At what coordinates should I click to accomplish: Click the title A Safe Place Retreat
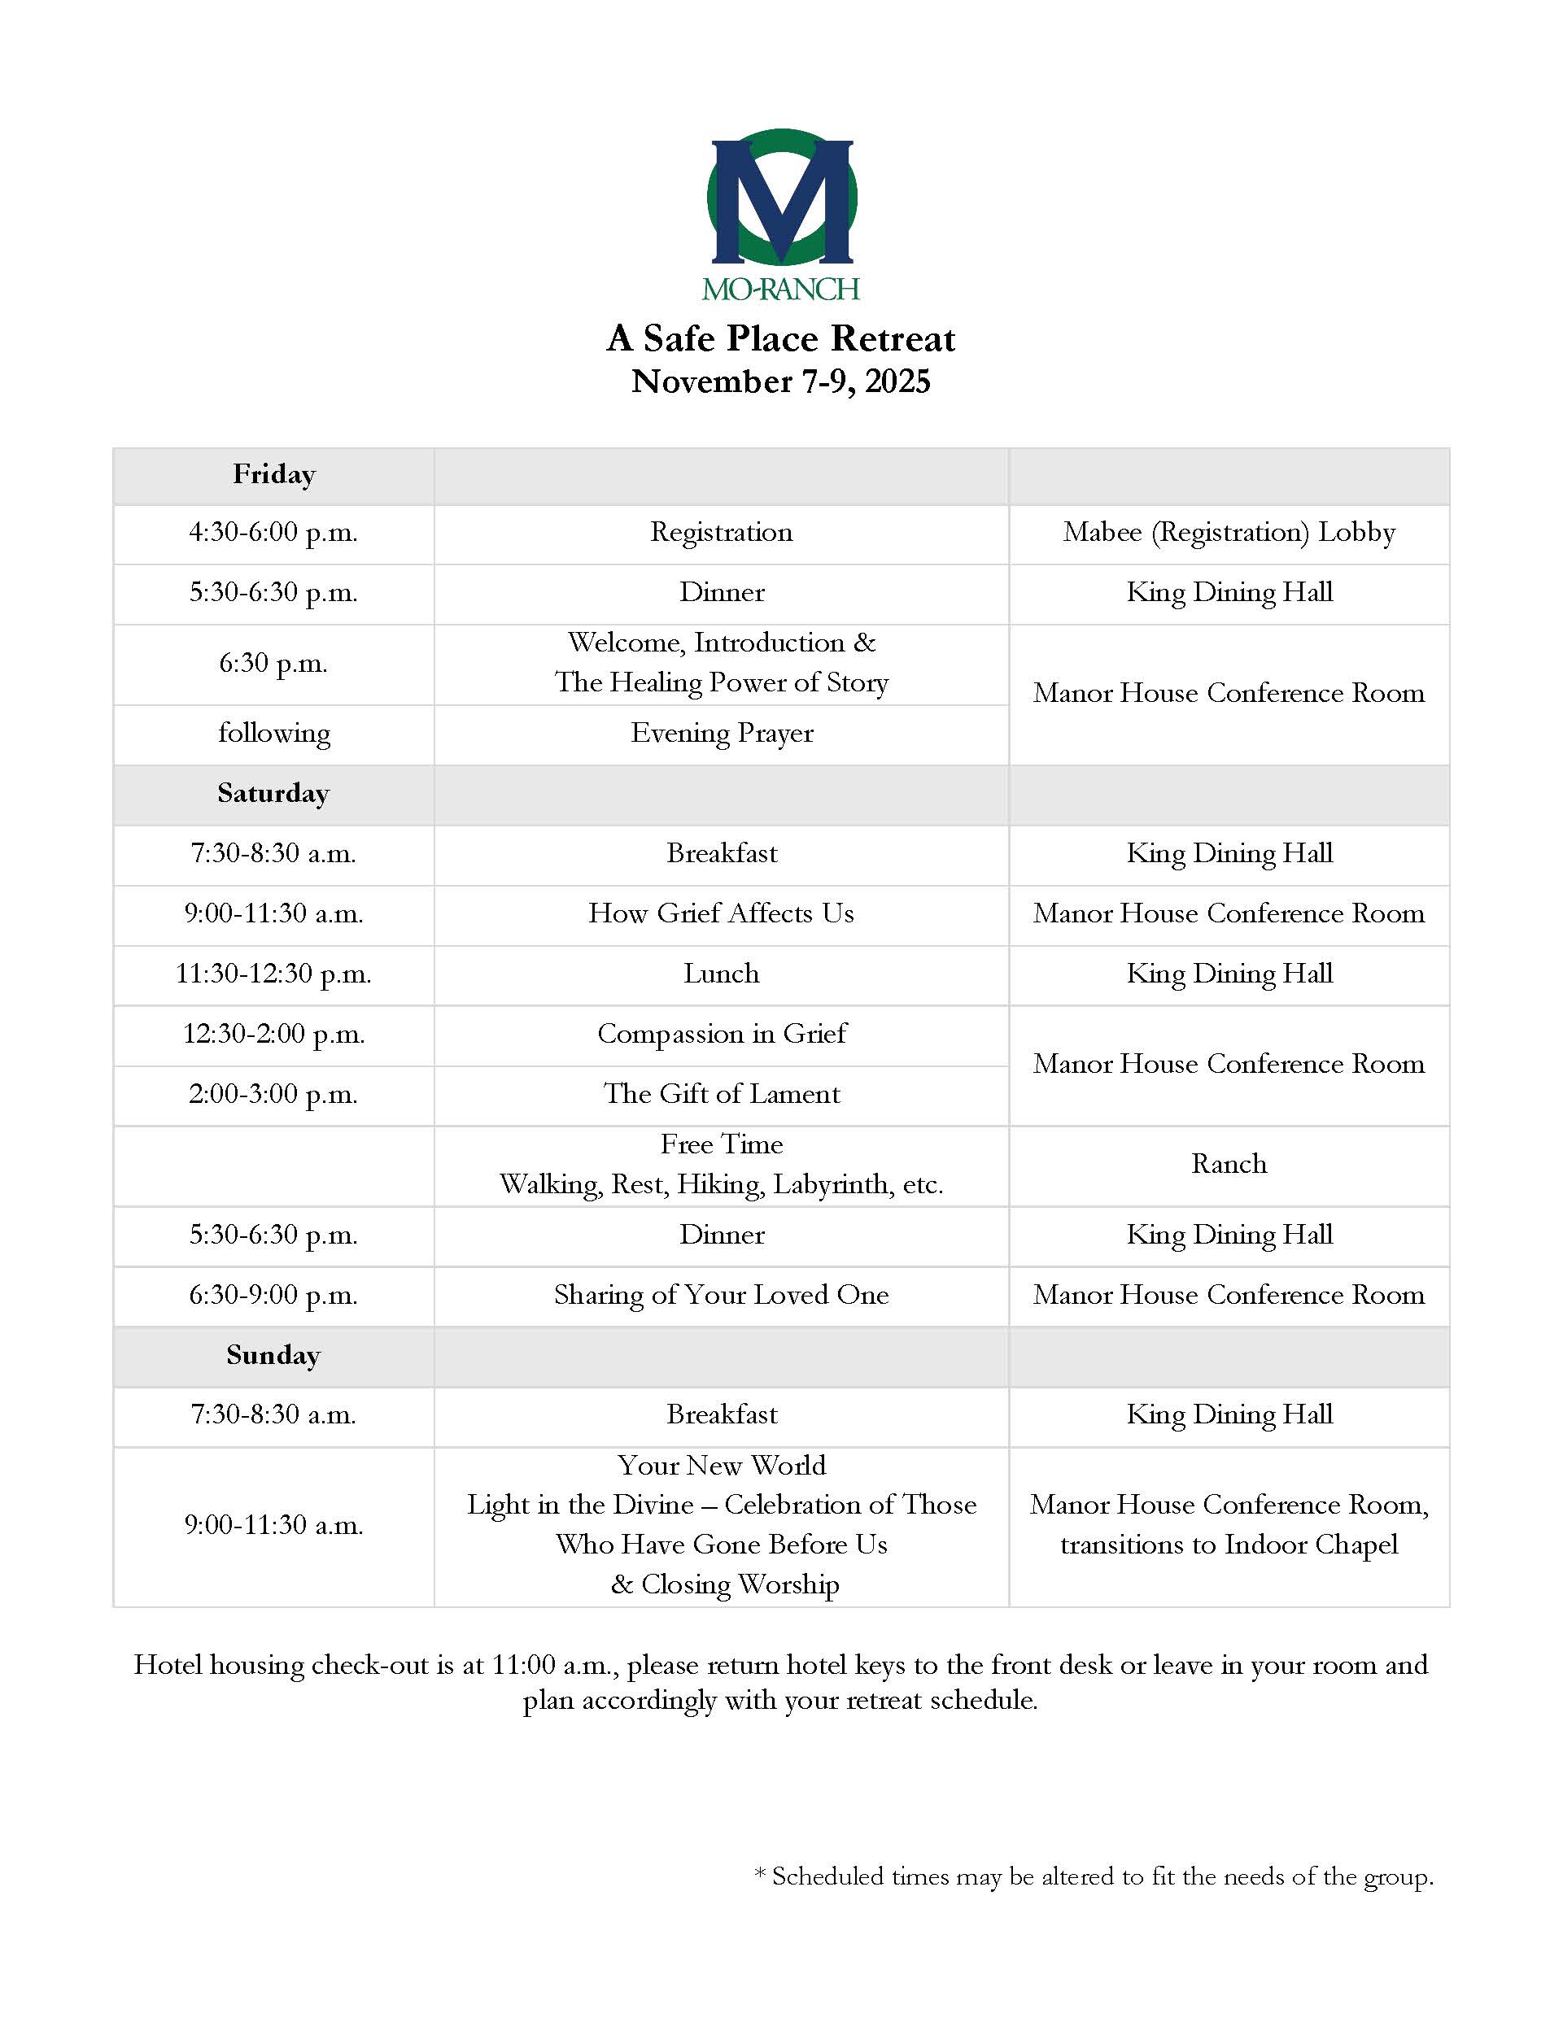[x=780, y=339]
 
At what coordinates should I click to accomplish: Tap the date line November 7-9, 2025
[x=780, y=381]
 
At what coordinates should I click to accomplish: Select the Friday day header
[x=274, y=475]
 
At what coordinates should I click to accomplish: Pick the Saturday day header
[x=273, y=794]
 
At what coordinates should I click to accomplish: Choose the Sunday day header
[x=273, y=1355]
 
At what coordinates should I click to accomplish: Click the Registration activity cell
[x=722, y=533]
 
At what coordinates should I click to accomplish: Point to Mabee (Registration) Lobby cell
[x=1229, y=533]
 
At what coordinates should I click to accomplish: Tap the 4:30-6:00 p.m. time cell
[x=273, y=533]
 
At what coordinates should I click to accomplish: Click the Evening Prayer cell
[x=722, y=734]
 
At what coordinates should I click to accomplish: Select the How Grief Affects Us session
[x=722, y=913]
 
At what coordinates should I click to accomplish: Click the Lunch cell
[x=722, y=974]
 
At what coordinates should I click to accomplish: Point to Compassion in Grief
[x=722, y=1034]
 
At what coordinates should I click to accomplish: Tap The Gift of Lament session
[x=722, y=1094]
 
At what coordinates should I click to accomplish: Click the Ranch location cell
[x=1229, y=1164]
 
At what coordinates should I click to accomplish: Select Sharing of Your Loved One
[x=722, y=1295]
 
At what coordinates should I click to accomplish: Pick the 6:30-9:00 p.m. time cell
[x=273, y=1295]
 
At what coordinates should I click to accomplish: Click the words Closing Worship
[x=739, y=1585]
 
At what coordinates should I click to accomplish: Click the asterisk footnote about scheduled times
[x=1094, y=1876]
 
